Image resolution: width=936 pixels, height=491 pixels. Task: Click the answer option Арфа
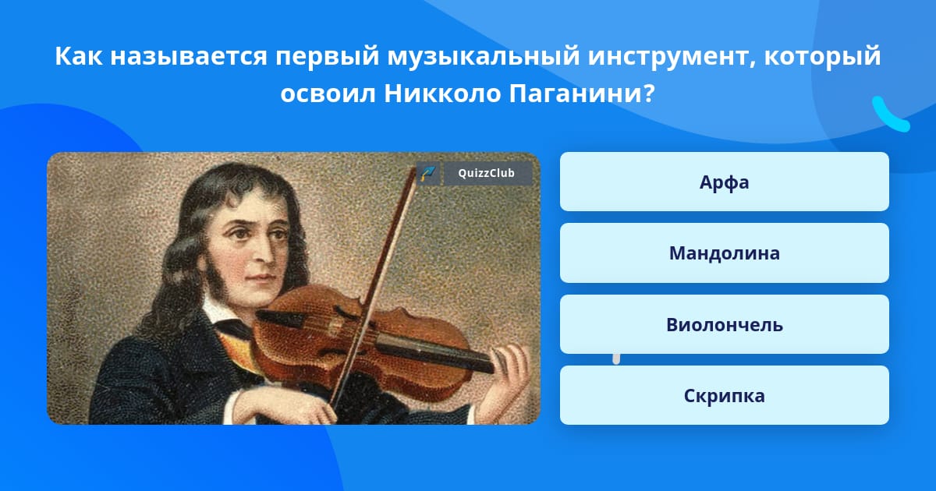click(x=724, y=182)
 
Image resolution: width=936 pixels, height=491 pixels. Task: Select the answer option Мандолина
click(x=724, y=253)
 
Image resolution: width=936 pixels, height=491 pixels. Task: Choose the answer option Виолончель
click(x=724, y=324)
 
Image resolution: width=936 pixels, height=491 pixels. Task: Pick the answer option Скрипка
click(x=724, y=395)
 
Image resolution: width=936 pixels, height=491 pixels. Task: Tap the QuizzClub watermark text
click(x=487, y=173)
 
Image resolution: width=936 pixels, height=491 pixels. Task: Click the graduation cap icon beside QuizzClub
click(x=428, y=173)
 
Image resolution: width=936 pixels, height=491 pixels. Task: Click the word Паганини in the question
click(x=576, y=94)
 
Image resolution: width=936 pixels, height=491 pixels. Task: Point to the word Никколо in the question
click(x=442, y=94)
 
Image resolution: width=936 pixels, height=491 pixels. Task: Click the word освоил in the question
click(x=328, y=94)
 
